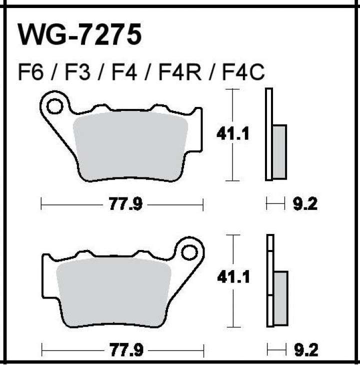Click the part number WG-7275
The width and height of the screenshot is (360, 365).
[79, 36]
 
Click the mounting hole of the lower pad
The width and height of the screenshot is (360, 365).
[190, 252]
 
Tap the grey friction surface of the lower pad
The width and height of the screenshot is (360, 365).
[114, 289]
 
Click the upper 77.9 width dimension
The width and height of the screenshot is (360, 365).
[122, 204]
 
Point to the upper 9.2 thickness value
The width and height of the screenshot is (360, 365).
[304, 204]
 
